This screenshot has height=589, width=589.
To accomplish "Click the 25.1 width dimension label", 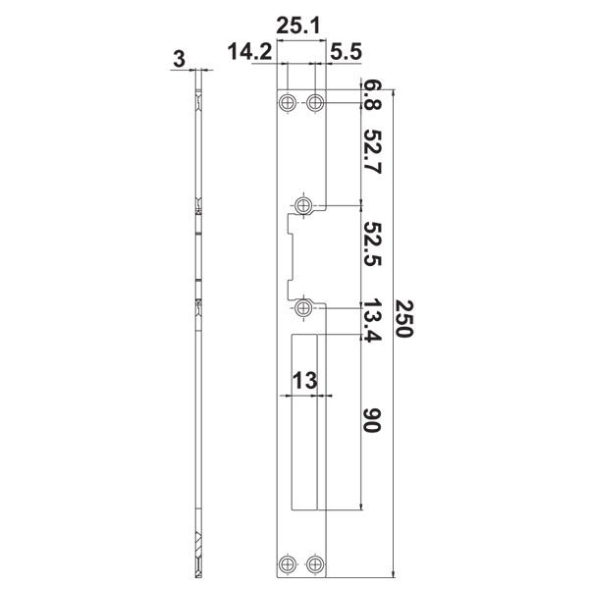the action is coord(298,27).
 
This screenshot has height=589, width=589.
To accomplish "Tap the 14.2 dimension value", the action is coord(249,51).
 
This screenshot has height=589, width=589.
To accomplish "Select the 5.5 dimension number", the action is coord(346,52).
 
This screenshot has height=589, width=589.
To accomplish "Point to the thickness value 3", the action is coord(180,59).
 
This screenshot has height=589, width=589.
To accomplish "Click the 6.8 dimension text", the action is coord(373,96).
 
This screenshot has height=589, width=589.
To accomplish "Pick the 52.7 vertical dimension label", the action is coord(373,152).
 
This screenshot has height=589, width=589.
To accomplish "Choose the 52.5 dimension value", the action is coord(373,243).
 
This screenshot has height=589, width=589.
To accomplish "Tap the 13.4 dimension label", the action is coord(373,320).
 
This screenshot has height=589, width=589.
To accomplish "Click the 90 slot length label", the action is coord(373,420).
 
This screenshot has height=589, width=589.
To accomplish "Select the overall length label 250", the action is coord(404,319).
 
